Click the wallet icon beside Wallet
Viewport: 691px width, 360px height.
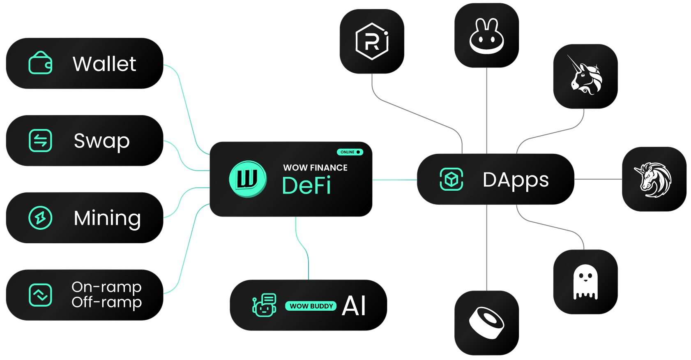tap(40, 63)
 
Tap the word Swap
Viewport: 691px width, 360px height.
tap(101, 141)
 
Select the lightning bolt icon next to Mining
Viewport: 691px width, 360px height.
tap(40, 218)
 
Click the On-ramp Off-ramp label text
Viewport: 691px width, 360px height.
tap(106, 294)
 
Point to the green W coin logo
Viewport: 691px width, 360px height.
tap(248, 179)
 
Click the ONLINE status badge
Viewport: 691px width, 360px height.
tap(350, 152)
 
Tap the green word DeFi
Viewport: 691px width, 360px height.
tap(306, 186)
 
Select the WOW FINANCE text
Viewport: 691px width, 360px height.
tap(315, 168)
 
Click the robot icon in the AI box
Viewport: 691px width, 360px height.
tap(264, 305)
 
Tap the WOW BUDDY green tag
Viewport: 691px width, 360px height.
tap(311, 306)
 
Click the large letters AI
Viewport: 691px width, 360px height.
tap(354, 306)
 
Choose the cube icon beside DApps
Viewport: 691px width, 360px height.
tap(451, 180)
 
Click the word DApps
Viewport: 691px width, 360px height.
tap(516, 180)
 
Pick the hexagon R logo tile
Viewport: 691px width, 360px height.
tap(372, 42)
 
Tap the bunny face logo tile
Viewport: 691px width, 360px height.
tap(486, 36)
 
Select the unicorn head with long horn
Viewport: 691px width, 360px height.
tap(585, 76)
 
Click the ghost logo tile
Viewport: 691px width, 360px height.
tap(585, 282)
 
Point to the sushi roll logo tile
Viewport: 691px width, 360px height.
tap(486, 323)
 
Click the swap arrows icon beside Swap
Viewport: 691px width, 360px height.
tap(40, 141)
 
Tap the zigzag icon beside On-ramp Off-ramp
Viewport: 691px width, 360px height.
tap(40, 295)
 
